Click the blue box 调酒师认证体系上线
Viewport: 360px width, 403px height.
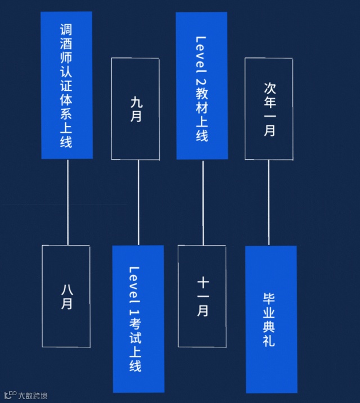click(x=66, y=85)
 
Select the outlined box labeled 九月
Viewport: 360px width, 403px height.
click(x=136, y=108)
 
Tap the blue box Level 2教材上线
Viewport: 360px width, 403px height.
click(x=201, y=85)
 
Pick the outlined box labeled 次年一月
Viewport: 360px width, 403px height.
click(x=269, y=108)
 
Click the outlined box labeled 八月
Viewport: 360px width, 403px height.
click(x=66, y=296)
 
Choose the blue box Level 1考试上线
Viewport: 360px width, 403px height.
click(x=138, y=319)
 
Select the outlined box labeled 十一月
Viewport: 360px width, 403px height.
click(x=202, y=296)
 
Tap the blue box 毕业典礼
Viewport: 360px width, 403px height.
click(x=271, y=319)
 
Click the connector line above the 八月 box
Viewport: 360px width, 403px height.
click(x=67, y=202)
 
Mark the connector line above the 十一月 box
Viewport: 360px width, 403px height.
click(x=202, y=202)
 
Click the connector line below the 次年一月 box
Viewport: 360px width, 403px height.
click(x=268, y=202)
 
